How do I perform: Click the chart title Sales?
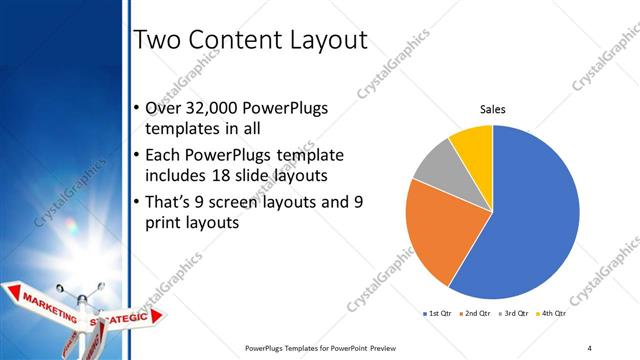click(x=493, y=109)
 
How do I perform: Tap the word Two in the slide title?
click(x=157, y=41)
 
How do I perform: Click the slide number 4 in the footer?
click(x=590, y=348)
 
